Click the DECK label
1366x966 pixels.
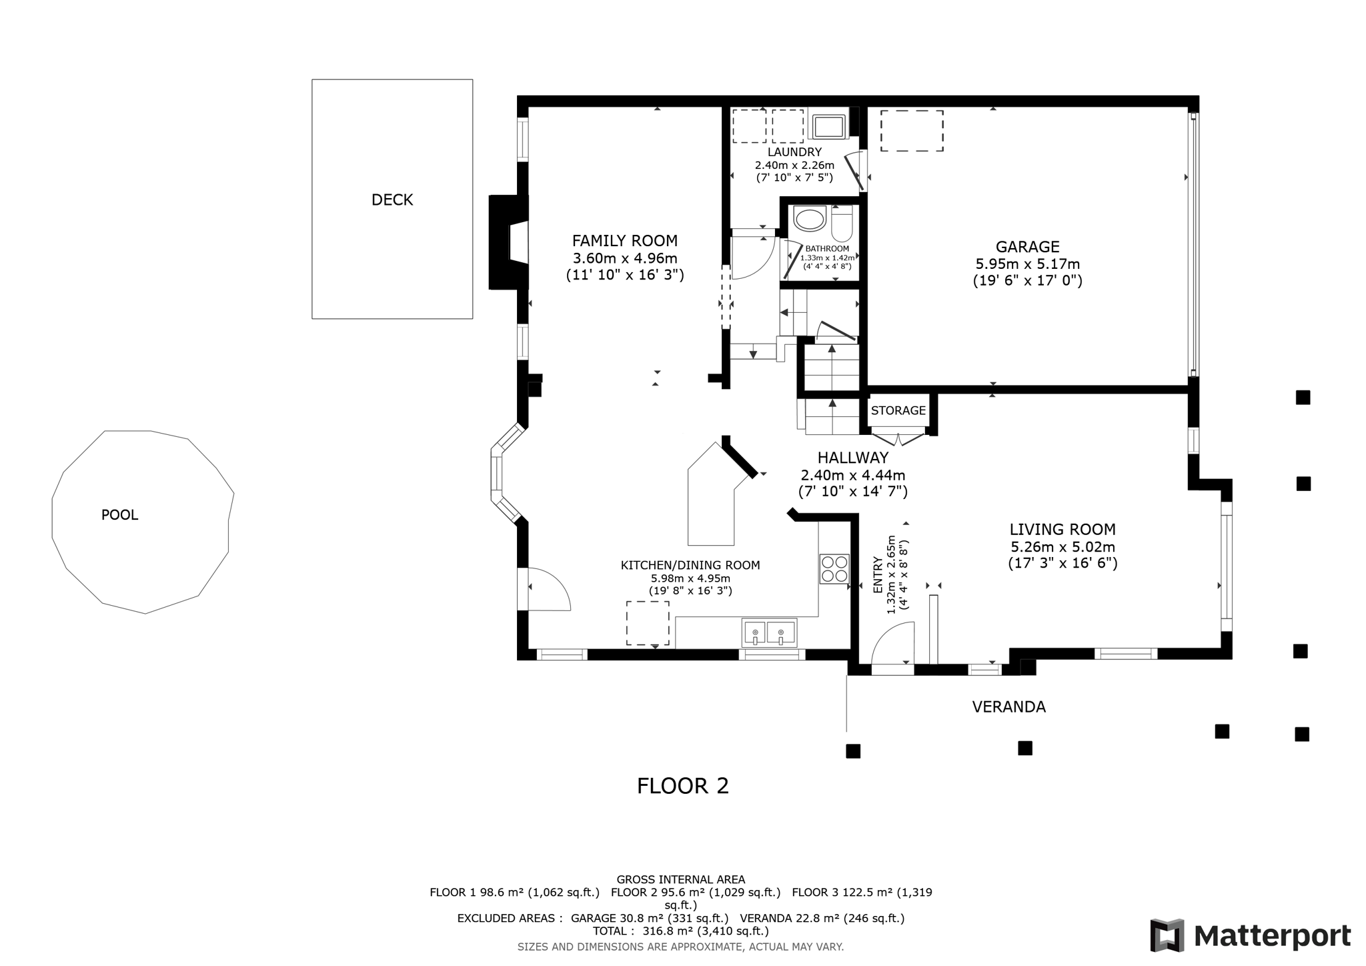click(392, 199)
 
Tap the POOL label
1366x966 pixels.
click(119, 514)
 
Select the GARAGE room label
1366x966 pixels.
click(1027, 247)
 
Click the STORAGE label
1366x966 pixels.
click(898, 410)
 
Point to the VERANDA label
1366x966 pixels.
click(1008, 706)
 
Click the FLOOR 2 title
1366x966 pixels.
click(682, 785)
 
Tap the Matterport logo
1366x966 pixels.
click(1250, 935)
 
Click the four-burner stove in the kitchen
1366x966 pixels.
click(834, 569)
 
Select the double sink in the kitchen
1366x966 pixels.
click(768, 632)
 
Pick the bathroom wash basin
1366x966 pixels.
click(809, 219)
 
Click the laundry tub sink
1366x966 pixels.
click(828, 126)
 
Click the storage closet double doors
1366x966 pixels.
click(898, 440)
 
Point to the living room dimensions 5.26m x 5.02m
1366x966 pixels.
click(1062, 547)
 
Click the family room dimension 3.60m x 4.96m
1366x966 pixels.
click(624, 258)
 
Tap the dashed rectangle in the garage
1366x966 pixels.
click(911, 131)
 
